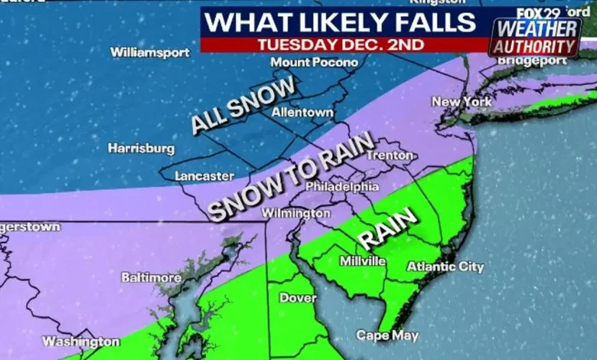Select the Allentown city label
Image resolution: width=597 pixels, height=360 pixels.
coord(303,113)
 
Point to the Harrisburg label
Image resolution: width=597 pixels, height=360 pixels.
coord(141,148)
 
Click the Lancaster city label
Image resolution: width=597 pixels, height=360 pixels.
coord(204,176)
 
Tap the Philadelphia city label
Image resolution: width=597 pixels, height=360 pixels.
coord(342,186)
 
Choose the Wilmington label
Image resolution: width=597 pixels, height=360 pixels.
coord(295,213)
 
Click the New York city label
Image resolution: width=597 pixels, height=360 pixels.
coord(460,102)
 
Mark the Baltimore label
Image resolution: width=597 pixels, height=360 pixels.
coord(152,277)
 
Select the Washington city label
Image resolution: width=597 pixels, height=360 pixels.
coord(80,342)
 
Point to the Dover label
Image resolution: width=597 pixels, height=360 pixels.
coord(298,298)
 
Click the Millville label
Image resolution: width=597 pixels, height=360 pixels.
coord(362,261)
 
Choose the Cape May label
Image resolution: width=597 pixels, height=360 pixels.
coord(387,335)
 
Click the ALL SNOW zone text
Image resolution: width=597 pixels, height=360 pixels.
coord(243,107)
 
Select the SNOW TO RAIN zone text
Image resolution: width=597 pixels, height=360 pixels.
coord(291,176)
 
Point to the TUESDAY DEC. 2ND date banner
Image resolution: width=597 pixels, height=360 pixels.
coord(341,44)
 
